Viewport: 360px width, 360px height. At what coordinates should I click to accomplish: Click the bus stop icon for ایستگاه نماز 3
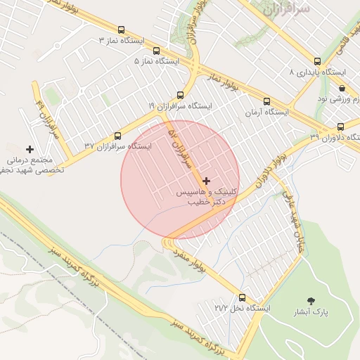[122, 30]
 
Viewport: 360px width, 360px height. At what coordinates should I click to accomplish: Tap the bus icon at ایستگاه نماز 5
[156, 51]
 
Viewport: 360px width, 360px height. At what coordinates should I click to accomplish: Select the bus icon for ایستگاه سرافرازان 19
[180, 94]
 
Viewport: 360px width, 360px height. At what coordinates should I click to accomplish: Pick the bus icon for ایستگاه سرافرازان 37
[117, 136]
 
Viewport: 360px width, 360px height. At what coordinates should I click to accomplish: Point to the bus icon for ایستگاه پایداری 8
[317, 61]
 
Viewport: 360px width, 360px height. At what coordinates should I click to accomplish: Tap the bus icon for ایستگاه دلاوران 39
[340, 127]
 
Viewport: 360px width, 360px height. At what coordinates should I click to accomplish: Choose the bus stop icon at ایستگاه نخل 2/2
[243, 297]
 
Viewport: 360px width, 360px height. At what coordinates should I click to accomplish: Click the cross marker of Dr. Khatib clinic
[206, 181]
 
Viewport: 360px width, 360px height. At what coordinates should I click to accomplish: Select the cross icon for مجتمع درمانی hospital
[30, 149]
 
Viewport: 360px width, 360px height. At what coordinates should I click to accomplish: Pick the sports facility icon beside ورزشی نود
[342, 88]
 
